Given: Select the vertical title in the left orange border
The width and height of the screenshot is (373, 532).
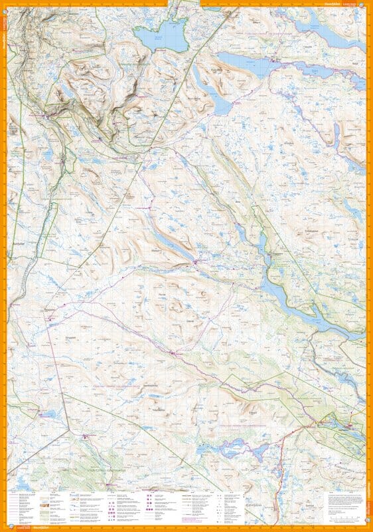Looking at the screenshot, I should (x=3, y=27).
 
